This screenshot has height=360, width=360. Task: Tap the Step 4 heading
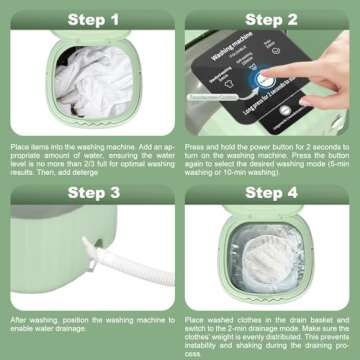coord(270,193)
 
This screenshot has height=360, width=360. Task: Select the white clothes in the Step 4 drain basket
coord(265,265)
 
